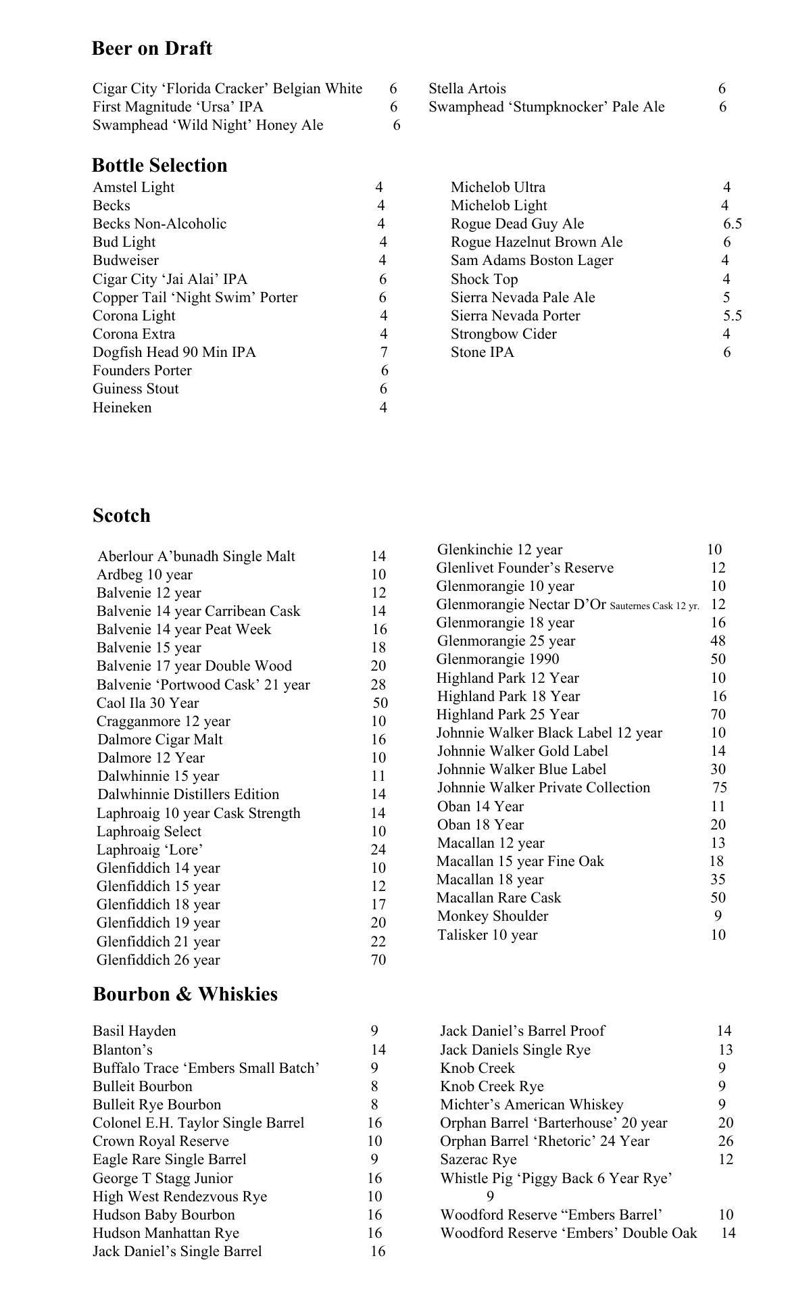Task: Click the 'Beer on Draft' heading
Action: (x=151, y=49)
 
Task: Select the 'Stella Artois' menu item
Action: (x=467, y=89)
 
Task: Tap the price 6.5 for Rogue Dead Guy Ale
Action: (x=732, y=224)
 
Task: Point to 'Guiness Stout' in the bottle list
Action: (x=136, y=389)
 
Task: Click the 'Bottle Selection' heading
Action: (x=159, y=166)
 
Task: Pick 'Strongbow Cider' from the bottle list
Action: (x=503, y=334)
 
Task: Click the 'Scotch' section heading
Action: (x=122, y=516)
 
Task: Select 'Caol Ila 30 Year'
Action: (x=147, y=703)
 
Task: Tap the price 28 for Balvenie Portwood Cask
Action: (x=378, y=685)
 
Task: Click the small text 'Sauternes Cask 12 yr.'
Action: (x=654, y=606)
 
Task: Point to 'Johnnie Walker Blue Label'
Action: (x=522, y=769)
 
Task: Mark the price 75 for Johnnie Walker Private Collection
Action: (x=719, y=788)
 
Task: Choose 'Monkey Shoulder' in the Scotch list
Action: (x=493, y=916)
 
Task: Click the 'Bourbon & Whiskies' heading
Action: (x=185, y=994)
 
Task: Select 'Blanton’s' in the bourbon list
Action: (x=122, y=1050)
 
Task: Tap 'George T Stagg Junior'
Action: (x=163, y=1178)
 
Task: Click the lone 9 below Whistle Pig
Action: (x=490, y=1196)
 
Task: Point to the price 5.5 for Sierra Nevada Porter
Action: (x=732, y=316)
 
